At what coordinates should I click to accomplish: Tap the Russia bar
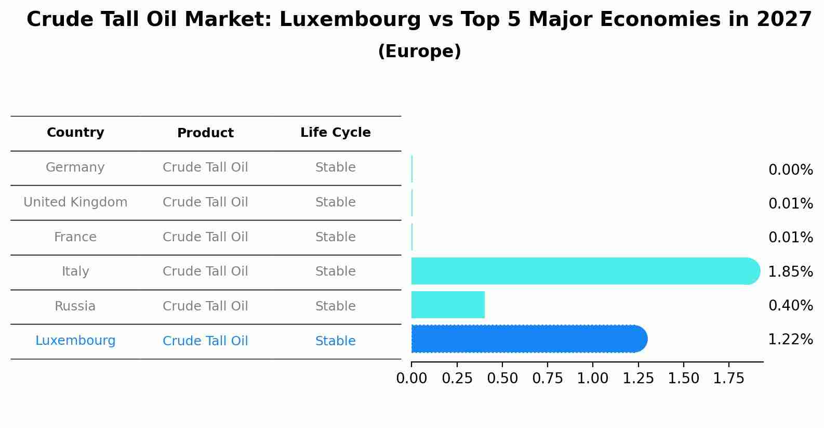point(448,305)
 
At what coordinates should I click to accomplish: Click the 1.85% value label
point(790,271)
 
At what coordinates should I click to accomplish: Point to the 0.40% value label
point(790,305)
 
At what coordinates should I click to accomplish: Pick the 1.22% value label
point(790,340)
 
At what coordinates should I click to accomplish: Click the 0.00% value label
point(790,170)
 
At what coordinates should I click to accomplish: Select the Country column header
point(75,133)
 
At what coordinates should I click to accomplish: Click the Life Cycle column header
point(335,133)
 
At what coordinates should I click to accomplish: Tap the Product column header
point(205,133)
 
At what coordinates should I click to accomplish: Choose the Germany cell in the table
point(75,167)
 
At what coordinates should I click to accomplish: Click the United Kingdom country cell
point(75,202)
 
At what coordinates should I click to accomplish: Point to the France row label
point(75,237)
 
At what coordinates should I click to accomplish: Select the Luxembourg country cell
point(75,341)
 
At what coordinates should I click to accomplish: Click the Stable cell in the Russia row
point(335,306)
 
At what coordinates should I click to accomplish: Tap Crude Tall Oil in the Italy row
point(205,271)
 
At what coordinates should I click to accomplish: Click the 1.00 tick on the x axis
point(593,379)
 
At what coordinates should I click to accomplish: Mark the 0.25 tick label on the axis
point(457,379)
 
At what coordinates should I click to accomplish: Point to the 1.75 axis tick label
point(729,379)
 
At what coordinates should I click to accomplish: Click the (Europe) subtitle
point(419,51)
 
